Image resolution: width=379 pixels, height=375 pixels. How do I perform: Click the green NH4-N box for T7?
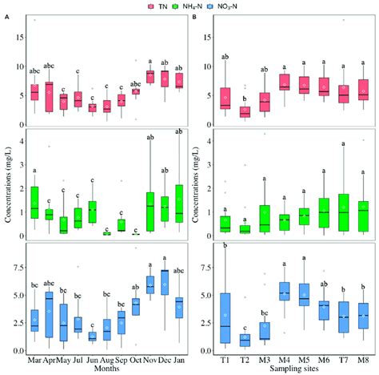(344, 212)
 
